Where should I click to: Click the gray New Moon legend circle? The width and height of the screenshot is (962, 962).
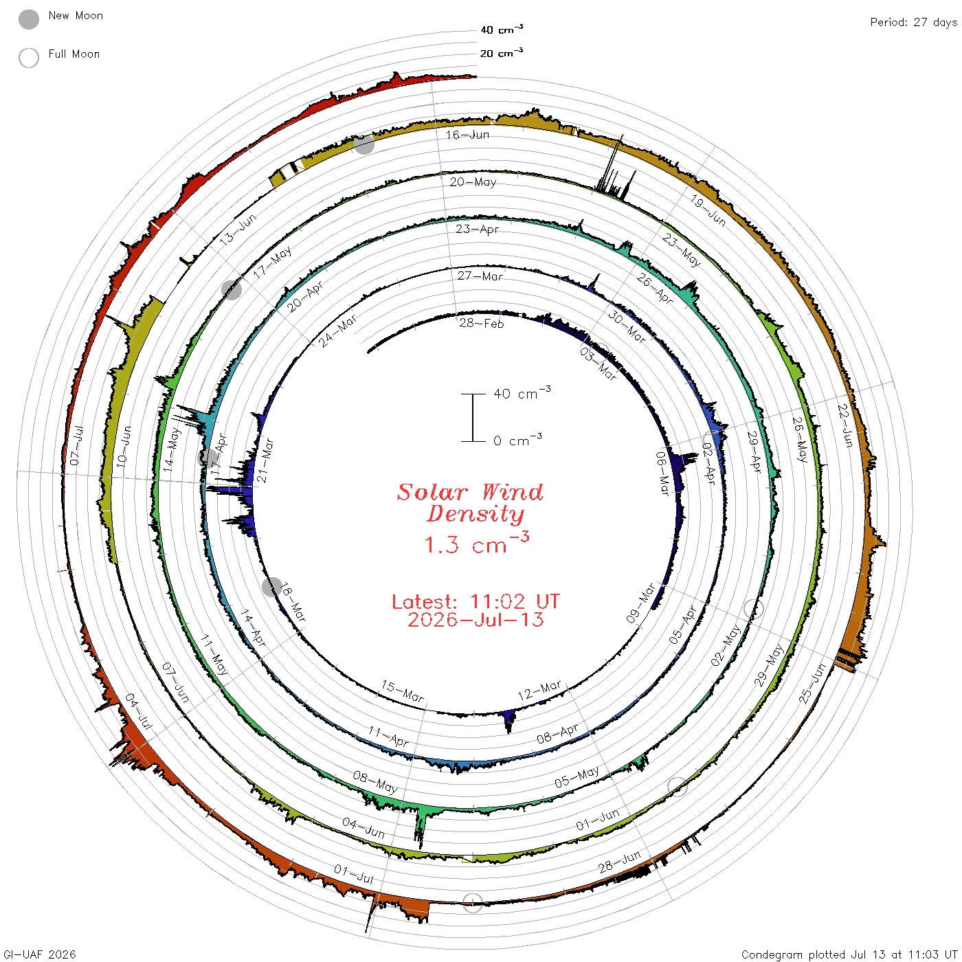click(29, 19)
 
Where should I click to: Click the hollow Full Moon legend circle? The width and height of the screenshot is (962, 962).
click(29, 58)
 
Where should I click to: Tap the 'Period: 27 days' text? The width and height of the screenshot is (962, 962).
click(913, 23)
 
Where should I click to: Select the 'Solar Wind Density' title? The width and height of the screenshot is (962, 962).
click(470, 503)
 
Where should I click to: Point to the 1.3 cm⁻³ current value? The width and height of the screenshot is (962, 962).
click(477, 544)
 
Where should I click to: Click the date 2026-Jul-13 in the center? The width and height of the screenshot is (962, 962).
click(476, 620)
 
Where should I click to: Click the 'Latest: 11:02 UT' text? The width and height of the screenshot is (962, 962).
click(476, 601)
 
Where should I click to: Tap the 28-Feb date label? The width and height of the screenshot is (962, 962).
click(481, 323)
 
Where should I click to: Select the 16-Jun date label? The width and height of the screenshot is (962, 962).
click(467, 135)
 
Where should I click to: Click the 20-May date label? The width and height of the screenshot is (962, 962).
click(473, 181)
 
